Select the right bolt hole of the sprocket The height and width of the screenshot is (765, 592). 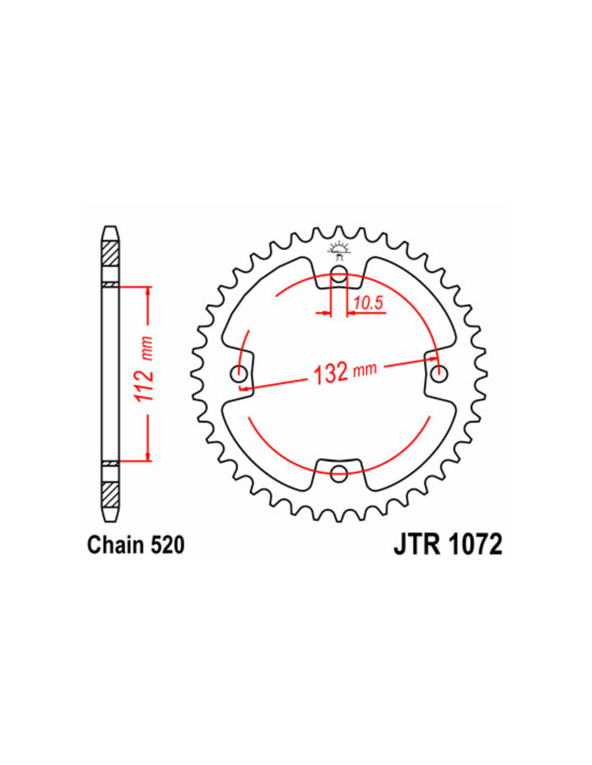click(x=440, y=373)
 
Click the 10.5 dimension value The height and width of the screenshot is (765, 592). click(x=368, y=303)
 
